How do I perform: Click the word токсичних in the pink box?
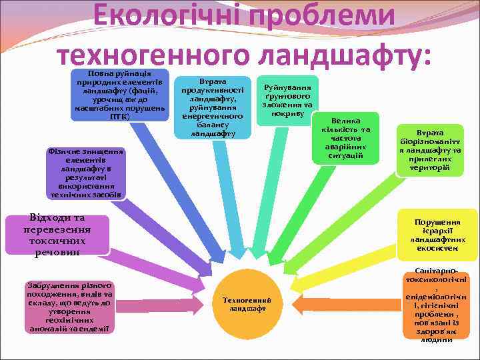[x=57, y=241]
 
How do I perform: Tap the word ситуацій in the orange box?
[x=345, y=155]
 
